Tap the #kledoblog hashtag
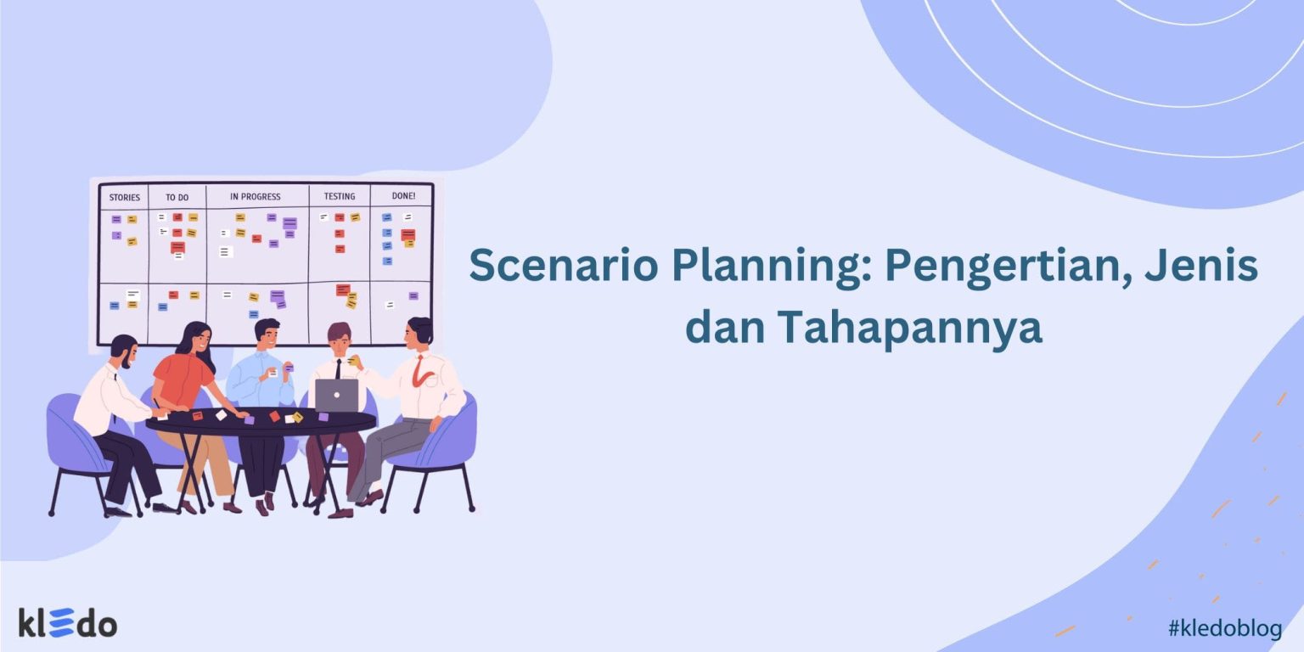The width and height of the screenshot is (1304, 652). (1223, 628)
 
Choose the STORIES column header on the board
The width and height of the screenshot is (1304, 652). (124, 198)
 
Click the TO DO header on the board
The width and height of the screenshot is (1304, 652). (177, 198)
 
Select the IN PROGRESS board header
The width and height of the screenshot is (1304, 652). (255, 197)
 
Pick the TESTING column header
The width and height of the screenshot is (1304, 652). (339, 197)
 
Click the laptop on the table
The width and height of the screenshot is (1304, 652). (337, 395)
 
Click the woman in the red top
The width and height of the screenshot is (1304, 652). (185, 374)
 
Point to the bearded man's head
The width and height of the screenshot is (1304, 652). (124, 350)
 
